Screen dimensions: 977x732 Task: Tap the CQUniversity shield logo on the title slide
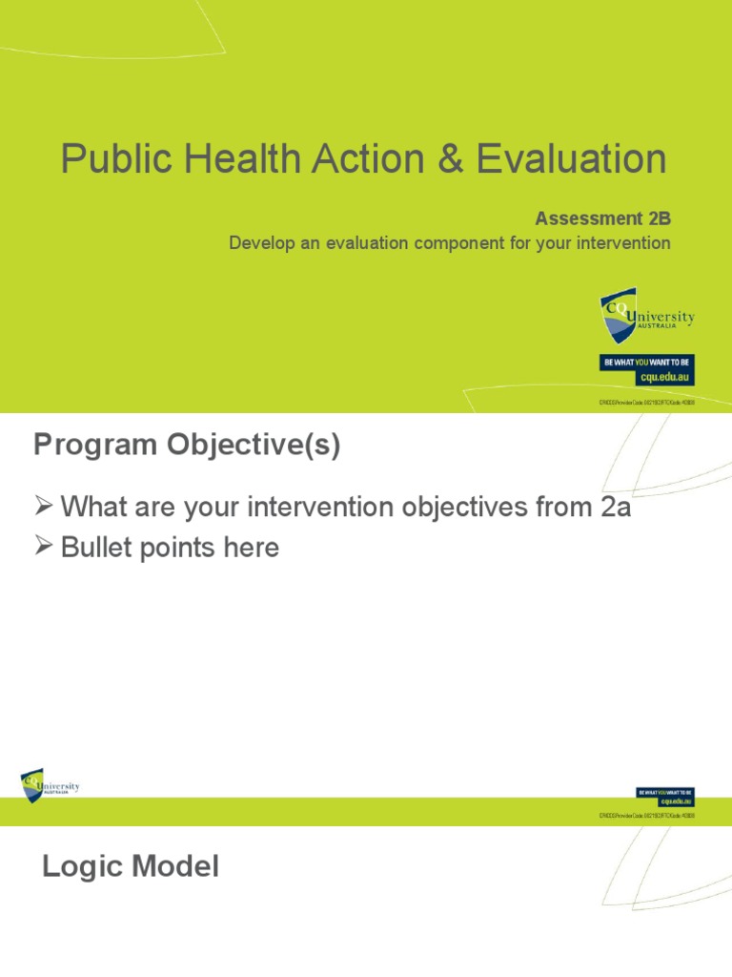click(x=618, y=317)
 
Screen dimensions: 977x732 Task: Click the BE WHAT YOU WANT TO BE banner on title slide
click(x=646, y=363)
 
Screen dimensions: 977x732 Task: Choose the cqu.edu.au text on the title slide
click(x=667, y=378)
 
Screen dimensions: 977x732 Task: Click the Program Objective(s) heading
click(x=187, y=447)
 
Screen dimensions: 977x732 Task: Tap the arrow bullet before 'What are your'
click(x=43, y=508)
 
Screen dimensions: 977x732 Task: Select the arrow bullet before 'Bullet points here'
click(x=43, y=548)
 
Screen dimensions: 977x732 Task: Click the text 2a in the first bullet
click(x=616, y=508)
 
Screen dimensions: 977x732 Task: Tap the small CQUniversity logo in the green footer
click(x=50, y=786)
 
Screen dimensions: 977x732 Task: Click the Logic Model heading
click(x=131, y=867)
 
